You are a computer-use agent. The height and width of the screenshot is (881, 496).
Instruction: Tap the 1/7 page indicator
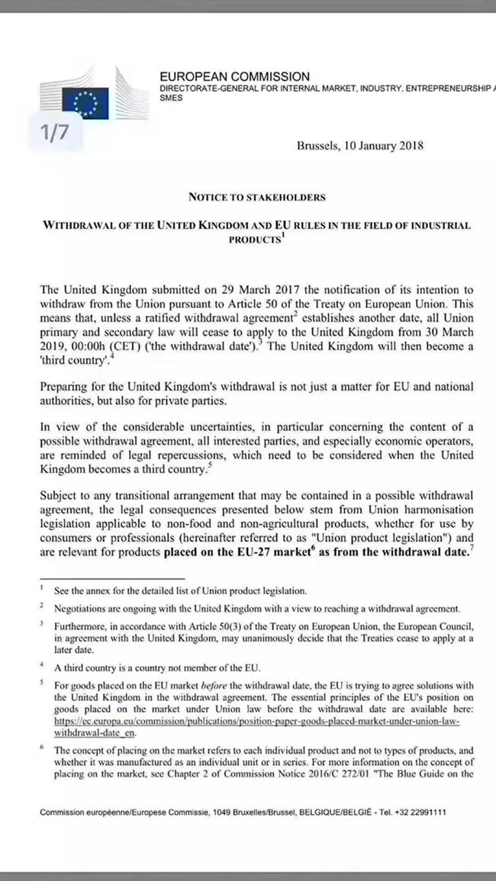pyautogui.click(x=55, y=133)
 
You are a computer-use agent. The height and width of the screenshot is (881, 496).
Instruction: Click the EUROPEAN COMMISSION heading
pyautogui.click(x=234, y=76)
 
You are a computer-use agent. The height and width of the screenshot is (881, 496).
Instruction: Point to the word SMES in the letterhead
pyautogui.click(x=171, y=99)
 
